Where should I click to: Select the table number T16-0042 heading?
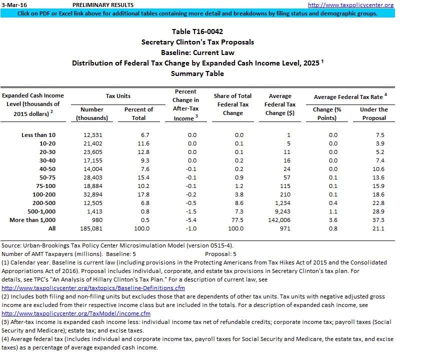197,31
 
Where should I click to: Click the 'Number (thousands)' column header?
92,113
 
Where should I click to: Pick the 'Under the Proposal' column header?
373,113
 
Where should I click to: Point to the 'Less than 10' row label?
39,135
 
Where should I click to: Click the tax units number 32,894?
92,194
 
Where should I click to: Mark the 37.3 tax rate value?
379,220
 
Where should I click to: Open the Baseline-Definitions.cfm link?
93,288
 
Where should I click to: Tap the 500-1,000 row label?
39,211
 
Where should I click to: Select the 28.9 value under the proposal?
379,211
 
